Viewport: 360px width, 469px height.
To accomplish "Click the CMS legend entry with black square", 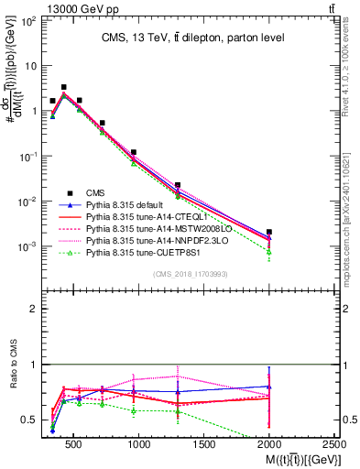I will click(95, 192).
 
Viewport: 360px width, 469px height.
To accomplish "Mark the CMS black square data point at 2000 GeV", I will click(268, 233).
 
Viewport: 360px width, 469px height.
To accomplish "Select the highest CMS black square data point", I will click(63, 88).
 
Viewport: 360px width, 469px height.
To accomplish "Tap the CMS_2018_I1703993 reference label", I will click(191, 273).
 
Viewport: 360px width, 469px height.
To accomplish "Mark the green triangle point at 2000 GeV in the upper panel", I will click(268, 252).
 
